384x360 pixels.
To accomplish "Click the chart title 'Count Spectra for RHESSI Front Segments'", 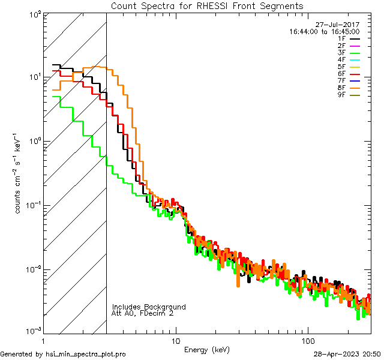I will tap(207, 5).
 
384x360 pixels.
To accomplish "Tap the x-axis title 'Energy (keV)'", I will tap(207, 349).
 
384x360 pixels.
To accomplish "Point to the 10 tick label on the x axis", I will tap(176, 340).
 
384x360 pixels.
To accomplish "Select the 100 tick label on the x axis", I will tap(307, 340).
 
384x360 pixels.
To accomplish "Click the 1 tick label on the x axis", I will tap(44, 340).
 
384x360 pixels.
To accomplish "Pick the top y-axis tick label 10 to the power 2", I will tap(34, 13).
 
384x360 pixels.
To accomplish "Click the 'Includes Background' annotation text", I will tap(149, 307).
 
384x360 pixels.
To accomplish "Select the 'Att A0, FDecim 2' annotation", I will tap(143, 313).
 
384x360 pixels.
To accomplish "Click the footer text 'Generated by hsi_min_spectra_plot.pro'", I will tap(63, 354).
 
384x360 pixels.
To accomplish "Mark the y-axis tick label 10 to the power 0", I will tap(34, 142).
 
